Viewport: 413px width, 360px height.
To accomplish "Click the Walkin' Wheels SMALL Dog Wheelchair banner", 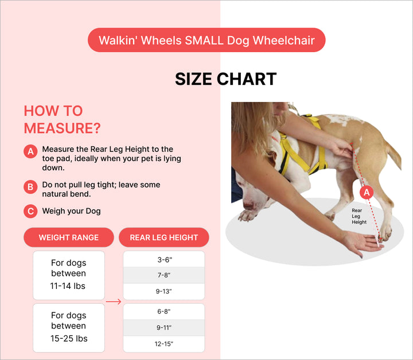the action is click(206, 40).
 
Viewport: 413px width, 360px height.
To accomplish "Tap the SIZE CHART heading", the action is click(226, 79).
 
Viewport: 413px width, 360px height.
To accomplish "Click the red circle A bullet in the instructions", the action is click(30, 151).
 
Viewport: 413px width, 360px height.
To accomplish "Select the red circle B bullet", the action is click(30, 187).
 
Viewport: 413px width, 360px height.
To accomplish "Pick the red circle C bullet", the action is click(30, 211).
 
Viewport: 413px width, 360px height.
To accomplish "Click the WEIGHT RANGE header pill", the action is click(69, 237).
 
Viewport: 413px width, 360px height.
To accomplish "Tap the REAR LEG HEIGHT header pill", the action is click(164, 237).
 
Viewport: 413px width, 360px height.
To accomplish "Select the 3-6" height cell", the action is click(164, 260).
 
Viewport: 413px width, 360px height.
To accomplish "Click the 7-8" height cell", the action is click(164, 275).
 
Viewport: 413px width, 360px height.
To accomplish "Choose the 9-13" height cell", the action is click(164, 292).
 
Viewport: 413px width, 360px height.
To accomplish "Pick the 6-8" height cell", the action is click(164, 312).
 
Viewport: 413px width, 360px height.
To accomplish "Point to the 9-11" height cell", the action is click(164, 328).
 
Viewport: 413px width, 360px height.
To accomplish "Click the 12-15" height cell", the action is click(164, 344).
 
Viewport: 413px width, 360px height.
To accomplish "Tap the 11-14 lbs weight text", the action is click(68, 286).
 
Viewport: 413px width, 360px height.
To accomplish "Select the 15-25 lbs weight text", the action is click(69, 338).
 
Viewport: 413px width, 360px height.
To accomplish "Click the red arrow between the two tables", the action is click(114, 302).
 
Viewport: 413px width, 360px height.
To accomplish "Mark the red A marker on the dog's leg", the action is click(367, 193).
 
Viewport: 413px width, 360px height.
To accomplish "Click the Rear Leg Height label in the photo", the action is click(359, 216).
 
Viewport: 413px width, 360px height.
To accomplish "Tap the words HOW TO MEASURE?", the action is click(62, 119).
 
